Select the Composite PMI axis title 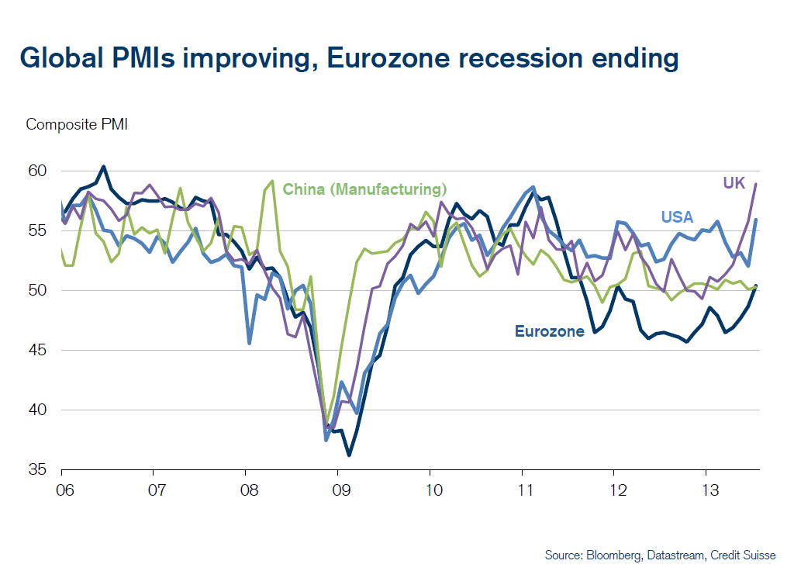77,124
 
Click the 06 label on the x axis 61,491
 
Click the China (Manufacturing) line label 364,189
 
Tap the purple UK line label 734,183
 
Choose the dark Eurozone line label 549,331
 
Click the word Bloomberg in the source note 612,555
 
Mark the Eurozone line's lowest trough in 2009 349,455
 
